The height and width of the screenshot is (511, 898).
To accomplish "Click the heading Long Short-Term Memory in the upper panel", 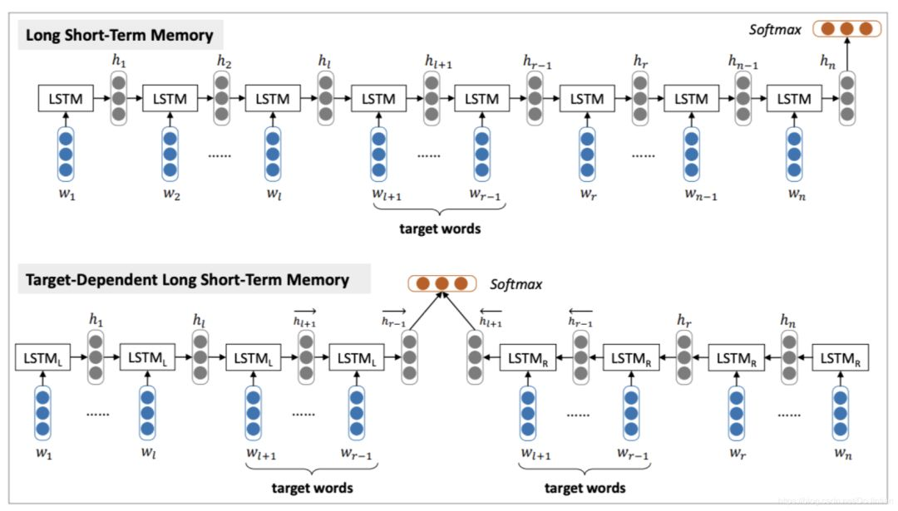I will (x=120, y=35).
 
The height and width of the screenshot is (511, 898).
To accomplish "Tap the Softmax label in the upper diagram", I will (x=774, y=30).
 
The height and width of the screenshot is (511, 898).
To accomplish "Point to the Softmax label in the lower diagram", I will (x=516, y=284).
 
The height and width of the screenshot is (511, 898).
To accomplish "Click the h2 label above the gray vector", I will (x=223, y=60).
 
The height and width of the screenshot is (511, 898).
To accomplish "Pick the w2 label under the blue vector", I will (x=170, y=195).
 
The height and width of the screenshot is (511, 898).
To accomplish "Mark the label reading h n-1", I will (x=742, y=60).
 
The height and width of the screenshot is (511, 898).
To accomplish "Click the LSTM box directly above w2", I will (x=170, y=99).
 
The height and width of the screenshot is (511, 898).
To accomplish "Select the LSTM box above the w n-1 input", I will (x=690, y=99).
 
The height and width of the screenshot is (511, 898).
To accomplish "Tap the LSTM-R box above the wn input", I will (x=840, y=359).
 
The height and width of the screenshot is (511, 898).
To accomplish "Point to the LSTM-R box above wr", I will (x=735, y=359).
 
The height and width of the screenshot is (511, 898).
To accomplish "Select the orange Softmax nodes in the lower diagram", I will (x=442, y=284).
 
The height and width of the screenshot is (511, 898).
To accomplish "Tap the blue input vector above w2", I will (x=170, y=155).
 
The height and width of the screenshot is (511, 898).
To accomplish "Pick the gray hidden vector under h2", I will (x=222, y=98).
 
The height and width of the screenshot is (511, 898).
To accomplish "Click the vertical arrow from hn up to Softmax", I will (x=846, y=57).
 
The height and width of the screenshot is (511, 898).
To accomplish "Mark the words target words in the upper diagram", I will (x=441, y=228).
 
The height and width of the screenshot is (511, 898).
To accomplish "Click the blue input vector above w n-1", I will (x=691, y=155).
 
